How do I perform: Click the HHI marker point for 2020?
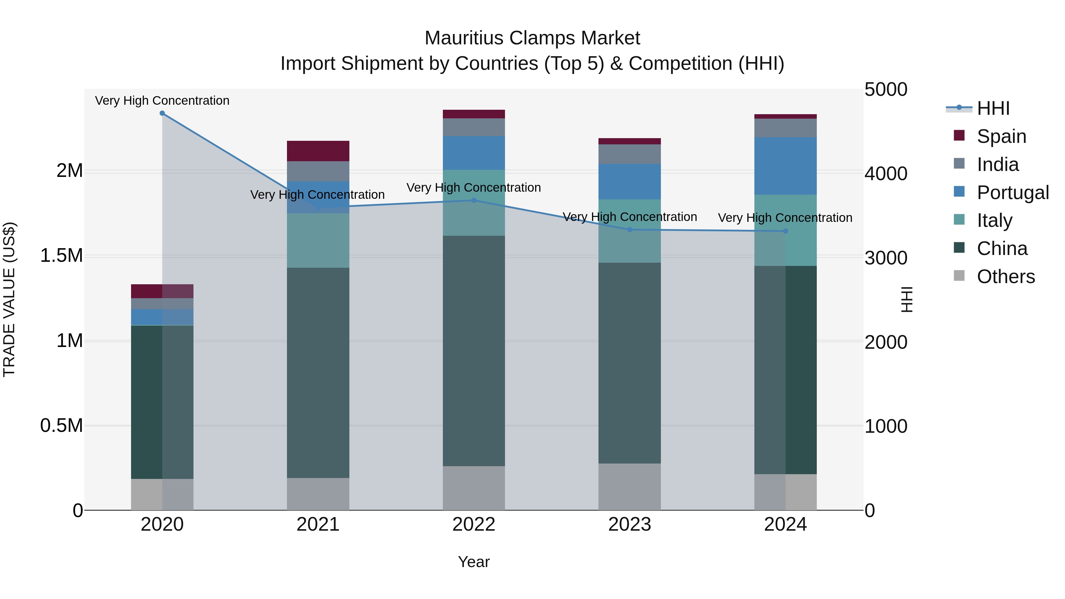click(x=162, y=113)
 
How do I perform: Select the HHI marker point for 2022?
click(x=474, y=201)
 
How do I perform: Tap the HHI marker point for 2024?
click(x=785, y=231)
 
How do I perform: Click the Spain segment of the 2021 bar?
click(x=318, y=151)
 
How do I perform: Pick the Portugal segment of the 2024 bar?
click(x=785, y=166)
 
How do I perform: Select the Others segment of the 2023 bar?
click(x=630, y=487)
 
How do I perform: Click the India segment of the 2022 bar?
click(x=474, y=127)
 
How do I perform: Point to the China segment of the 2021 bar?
click(x=318, y=372)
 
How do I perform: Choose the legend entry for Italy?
click(x=994, y=220)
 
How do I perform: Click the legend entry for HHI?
click(x=993, y=108)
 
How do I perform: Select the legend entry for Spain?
click(x=1001, y=136)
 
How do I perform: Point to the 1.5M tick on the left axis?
click(x=62, y=256)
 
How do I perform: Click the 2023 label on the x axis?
click(x=630, y=524)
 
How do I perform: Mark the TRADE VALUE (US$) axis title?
click(x=9, y=299)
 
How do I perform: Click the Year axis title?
click(x=474, y=562)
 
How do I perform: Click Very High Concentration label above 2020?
click(x=162, y=101)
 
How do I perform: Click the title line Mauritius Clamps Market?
click(x=532, y=38)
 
